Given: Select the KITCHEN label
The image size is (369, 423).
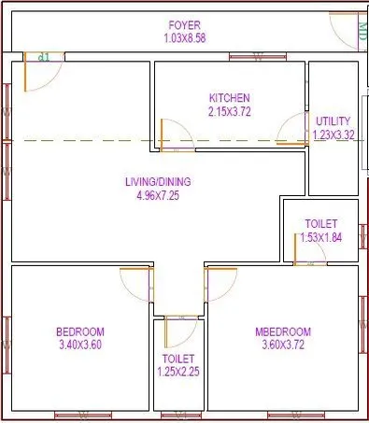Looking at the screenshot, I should (x=230, y=98).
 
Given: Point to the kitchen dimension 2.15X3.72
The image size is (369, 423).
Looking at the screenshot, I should (x=230, y=111).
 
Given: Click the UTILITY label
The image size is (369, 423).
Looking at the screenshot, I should (x=334, y=121).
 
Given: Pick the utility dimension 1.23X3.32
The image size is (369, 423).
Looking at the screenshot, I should (x=334, y=134).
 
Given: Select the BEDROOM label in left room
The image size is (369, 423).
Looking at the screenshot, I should (x=80, y=331).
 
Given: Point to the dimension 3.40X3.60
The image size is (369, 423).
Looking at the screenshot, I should (x=80, y=345).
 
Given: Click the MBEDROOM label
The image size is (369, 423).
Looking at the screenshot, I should (x=282, y=331).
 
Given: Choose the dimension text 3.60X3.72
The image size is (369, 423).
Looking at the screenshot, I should (x=282, y=345).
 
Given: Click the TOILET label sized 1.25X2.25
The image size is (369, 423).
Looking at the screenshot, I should (x=177, y=359).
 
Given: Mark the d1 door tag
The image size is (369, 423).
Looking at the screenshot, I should (x=43, y=58).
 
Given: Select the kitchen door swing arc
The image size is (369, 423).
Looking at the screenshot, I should (x=176, y=135).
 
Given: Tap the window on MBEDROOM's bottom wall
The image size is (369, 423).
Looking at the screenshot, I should (x=282, y=413).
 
